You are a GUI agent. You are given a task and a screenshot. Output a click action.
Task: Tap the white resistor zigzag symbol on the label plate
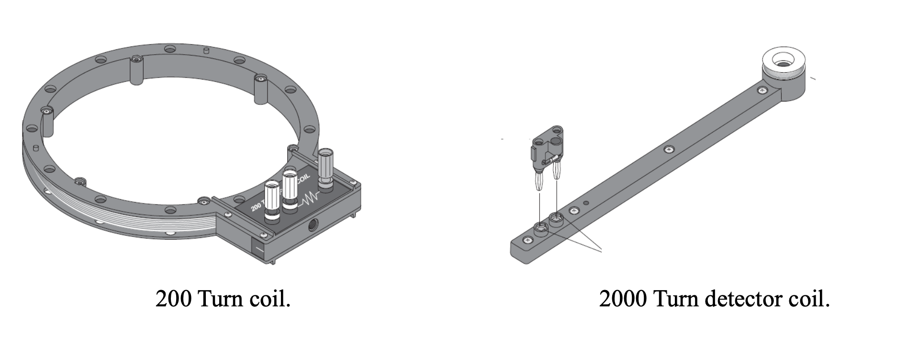311,198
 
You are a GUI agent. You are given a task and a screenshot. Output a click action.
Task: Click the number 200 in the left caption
173,299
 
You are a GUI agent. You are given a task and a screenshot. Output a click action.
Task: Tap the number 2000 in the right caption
622,299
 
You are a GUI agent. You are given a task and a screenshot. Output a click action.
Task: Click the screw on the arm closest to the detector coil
761,90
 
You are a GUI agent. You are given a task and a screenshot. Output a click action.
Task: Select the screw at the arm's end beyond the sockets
527,240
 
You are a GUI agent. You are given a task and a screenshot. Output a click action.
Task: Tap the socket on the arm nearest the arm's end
541,228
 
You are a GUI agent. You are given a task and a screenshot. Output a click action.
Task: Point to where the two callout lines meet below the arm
601,250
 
